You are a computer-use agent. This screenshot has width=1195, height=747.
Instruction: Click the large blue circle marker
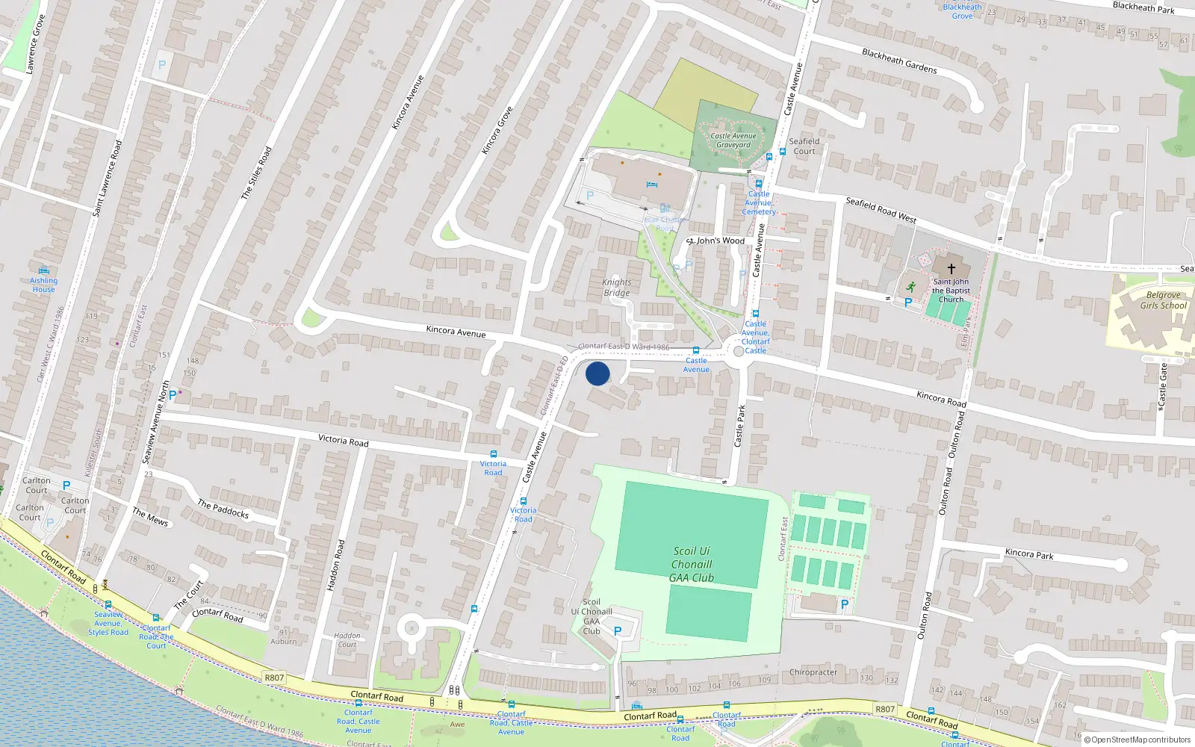pos(597,373)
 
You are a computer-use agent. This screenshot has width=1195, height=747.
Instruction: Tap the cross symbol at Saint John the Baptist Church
pos(952,269)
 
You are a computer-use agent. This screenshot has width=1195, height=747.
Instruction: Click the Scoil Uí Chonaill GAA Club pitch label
pos(692,564)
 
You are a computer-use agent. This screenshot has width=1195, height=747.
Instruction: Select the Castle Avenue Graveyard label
pos(733,140)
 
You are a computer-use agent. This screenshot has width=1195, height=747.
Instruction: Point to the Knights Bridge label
pos(617,288)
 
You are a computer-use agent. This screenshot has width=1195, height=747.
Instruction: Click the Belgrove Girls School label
pos(1163,300)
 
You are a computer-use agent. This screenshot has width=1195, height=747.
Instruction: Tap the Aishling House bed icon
pos(44,270)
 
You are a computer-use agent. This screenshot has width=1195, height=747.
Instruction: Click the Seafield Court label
pos(804,146)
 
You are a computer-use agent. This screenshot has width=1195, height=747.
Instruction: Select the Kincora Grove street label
pos(497,131)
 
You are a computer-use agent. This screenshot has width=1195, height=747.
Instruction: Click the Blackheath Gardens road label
pos(899,61)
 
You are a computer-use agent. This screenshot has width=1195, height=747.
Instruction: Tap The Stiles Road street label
pos(256,173)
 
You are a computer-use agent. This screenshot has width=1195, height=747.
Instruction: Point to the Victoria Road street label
pos(344,441)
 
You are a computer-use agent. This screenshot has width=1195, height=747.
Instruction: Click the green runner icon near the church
pos(911,287)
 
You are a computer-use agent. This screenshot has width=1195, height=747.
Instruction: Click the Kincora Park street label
pos(1029,554)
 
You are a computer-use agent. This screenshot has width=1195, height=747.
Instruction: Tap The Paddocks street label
pos(223,509)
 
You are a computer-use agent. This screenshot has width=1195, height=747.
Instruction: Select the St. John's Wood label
pos(716,241)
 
